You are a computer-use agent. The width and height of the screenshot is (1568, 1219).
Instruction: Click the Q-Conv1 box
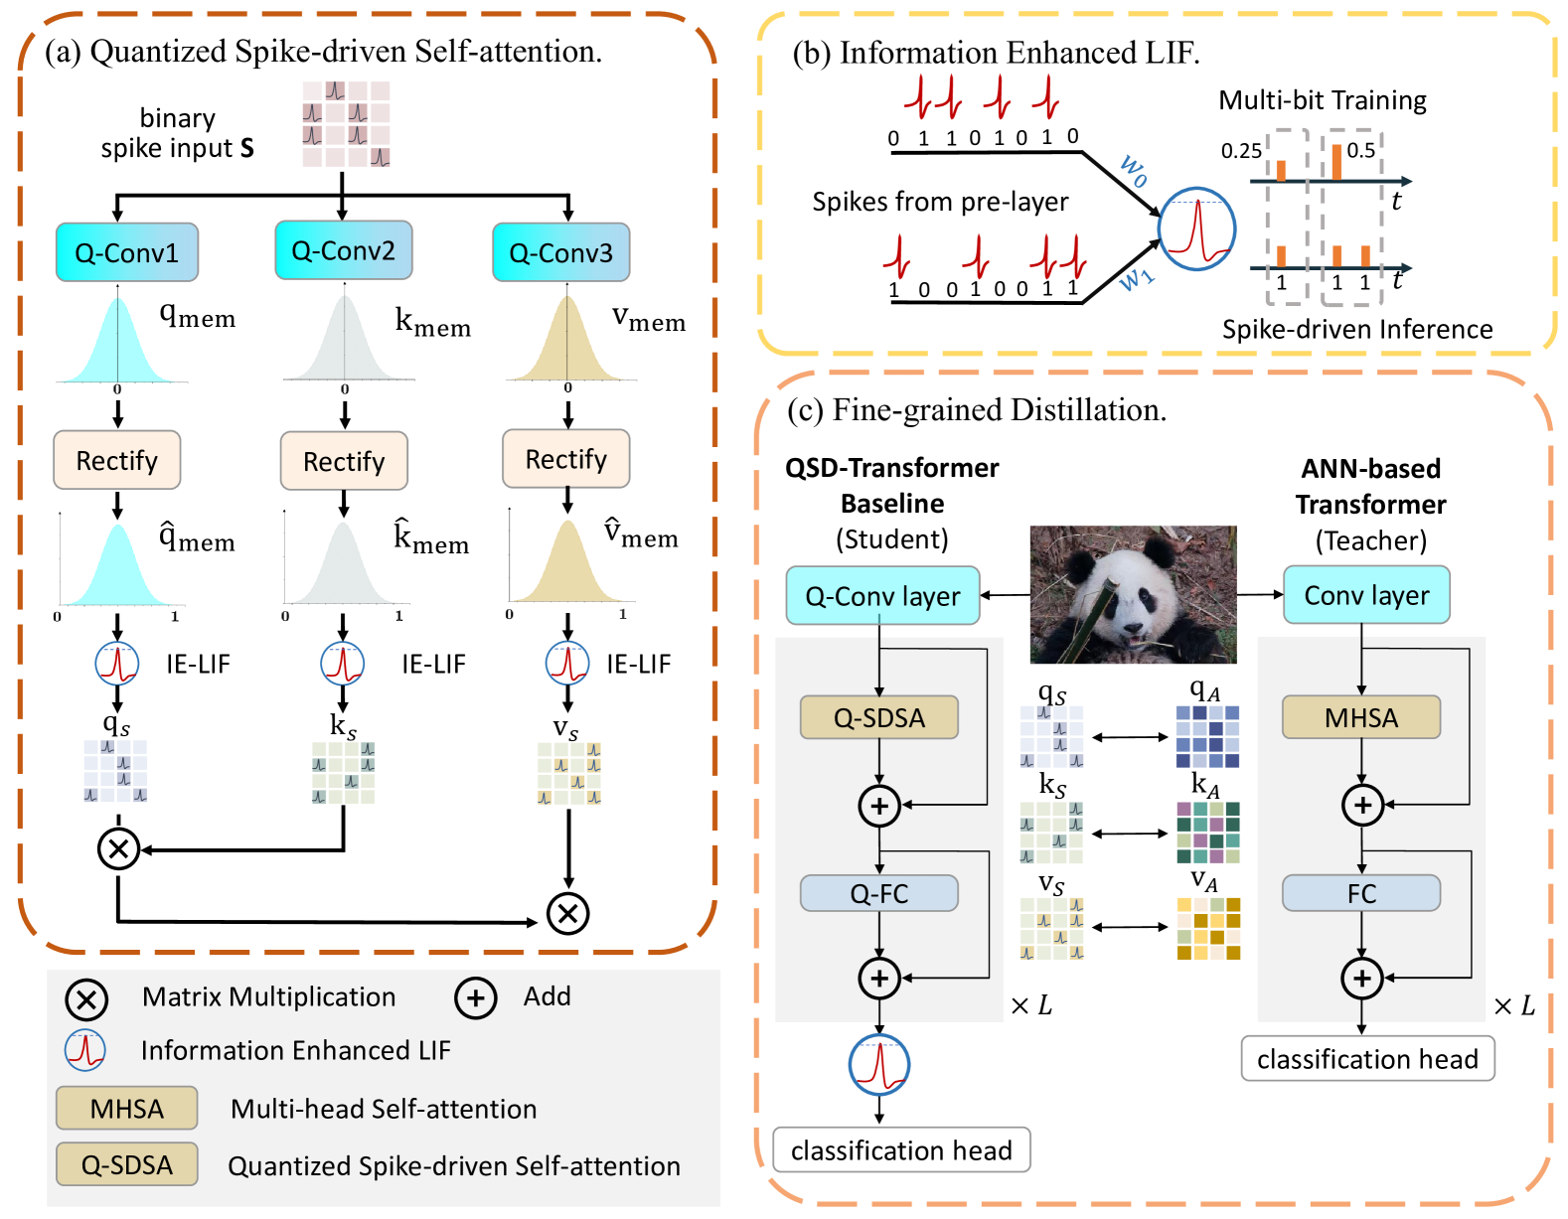(127, 252)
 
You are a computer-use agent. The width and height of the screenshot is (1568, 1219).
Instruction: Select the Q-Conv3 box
(561, 252)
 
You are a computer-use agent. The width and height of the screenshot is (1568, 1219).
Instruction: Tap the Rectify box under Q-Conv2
(344, 461)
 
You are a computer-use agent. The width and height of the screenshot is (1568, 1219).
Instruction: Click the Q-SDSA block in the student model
(878, 717)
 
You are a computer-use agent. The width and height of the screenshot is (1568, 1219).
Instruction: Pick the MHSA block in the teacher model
(1360, 717)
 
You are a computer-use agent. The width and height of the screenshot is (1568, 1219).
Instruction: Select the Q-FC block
(878, 893)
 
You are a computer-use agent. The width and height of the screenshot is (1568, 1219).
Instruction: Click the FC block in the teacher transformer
(1360, 893)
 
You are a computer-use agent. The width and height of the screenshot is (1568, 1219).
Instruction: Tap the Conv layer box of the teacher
(1366, 595)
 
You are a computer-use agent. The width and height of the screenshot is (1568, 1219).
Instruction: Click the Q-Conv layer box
(882, 595)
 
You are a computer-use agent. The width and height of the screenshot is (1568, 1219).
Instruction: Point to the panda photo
(1133, 594)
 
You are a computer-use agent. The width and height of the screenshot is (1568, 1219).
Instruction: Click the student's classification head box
(901, 1150)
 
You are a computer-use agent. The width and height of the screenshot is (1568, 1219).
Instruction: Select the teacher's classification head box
(1367, 1059)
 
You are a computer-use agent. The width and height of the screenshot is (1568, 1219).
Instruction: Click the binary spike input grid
(346, 124)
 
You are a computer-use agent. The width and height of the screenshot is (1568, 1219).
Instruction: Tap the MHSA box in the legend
(126, 1109)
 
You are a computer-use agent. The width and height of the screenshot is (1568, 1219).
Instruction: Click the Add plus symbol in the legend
(476, 998)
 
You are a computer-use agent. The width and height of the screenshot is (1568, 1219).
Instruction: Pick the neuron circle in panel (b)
(1196, 229)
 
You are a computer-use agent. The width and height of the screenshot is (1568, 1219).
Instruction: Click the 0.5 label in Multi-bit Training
(1360, 150)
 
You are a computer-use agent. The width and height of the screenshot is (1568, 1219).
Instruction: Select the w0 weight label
(1134, 170)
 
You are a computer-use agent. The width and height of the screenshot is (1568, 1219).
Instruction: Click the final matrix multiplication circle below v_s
(568, 913)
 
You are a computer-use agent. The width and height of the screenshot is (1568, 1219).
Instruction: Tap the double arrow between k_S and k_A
(1130, 834)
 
